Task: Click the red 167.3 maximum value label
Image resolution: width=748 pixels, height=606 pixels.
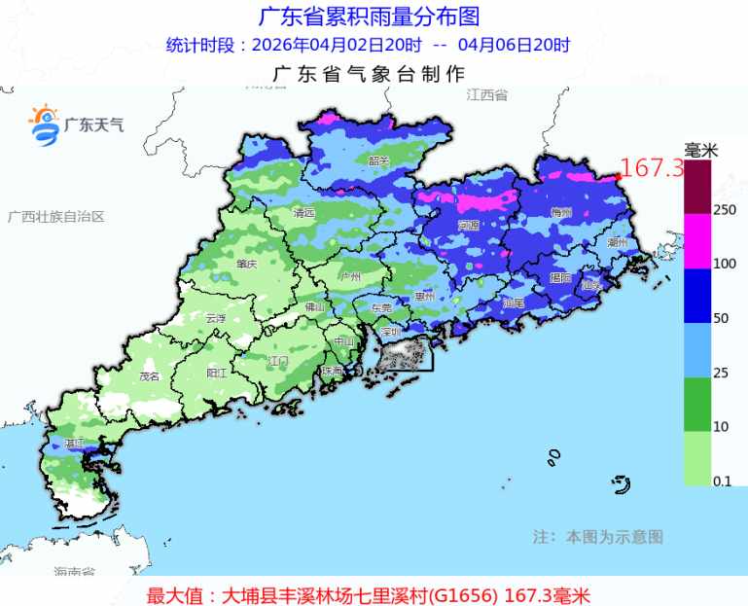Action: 653,168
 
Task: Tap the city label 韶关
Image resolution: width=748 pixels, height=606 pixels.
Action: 378,160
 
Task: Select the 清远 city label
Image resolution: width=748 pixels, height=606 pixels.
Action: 304,212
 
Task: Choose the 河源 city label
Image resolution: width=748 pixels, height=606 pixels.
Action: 468,225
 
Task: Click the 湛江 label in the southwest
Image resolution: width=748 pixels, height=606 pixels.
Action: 72,444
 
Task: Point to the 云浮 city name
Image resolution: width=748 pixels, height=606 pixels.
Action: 215,318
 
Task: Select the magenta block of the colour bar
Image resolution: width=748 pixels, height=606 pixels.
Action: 698,241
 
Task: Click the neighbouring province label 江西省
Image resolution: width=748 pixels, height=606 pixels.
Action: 487,95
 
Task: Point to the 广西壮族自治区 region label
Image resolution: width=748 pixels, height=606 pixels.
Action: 56,216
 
